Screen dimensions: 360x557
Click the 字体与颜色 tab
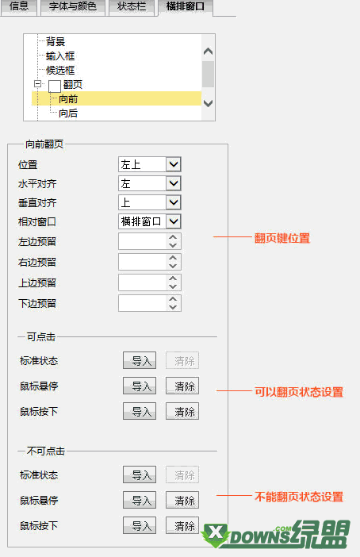pos(73,7)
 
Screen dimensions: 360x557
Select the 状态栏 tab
pos(132,7)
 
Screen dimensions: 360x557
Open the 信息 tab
pos(19,7)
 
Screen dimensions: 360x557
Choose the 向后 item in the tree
pos(68,113)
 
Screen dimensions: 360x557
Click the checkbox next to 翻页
pos(55,86)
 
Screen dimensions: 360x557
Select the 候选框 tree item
pos(60,71)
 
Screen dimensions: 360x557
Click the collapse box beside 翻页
pos(37,84)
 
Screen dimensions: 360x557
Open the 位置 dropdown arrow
pos(174,164)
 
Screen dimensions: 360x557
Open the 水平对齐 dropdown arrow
pos(174,183)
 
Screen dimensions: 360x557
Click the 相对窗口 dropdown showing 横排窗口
pos(149,221)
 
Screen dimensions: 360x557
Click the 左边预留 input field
pos(142,241)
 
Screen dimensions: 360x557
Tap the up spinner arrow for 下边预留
pos(173,299)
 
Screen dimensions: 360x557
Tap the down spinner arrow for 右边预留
pos(173,266)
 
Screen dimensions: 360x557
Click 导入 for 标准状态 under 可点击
pos(140,360)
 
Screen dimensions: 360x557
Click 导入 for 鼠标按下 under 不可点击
pos(140,525)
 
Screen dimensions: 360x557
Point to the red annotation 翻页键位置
pos(282,238)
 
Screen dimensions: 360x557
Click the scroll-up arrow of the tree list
pos(208,52)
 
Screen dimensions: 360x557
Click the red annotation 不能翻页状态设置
pos(299,497)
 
